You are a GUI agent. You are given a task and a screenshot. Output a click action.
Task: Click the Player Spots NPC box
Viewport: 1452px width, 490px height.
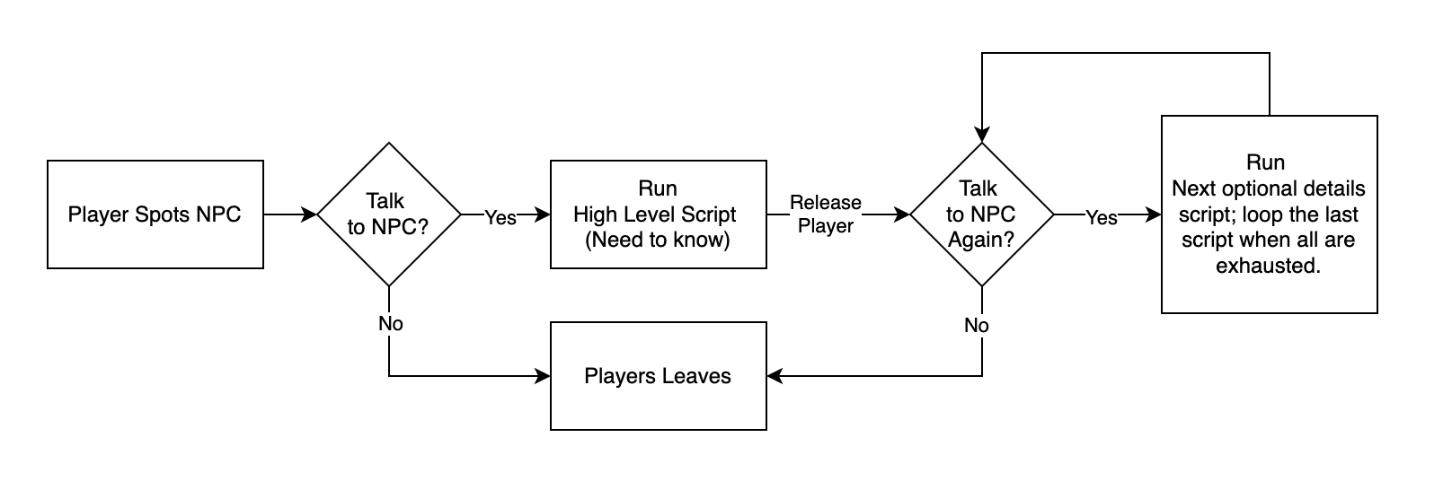pyautogui.click(x=155, y=214)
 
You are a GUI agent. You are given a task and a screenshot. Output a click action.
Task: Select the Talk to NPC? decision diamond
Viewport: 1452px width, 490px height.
pyautogui.click(x=388, y=214)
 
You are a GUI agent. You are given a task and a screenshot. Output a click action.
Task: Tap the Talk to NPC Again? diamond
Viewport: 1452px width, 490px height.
pyautogui.click(x=981, y=214)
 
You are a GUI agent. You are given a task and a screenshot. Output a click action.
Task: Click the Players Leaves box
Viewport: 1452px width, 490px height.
pyautogui.click(x=658, y=376)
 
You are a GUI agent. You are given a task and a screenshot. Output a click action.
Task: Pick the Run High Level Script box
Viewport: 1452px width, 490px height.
pyautogui.click(x=658, y=214)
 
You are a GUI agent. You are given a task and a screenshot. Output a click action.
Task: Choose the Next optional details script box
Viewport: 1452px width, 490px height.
pyautogui.click(x=1269, y=214)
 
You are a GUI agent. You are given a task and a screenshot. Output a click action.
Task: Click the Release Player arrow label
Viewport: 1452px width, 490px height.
pyautogui.click(x=825, y=214)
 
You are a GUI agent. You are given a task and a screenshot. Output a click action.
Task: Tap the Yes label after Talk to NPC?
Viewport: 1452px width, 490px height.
pyautogui.click(x=500, y=217)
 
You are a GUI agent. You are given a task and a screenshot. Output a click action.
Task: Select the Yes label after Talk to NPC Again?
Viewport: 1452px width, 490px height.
pyautogui.click(x=1101, y=217)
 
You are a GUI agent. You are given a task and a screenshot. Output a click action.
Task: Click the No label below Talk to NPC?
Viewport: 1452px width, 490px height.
pyautogui.click(x=390, y=323)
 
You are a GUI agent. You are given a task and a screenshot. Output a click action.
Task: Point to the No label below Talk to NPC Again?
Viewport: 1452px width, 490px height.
pyautogui.click(x=976, y=325)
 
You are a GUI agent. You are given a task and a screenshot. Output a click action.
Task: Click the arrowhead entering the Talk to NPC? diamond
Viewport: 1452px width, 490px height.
pyautogui.click(x=311, y=214)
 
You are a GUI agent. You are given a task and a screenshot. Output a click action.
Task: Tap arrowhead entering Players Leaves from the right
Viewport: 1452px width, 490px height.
pyautogui.click(x=774, y=376)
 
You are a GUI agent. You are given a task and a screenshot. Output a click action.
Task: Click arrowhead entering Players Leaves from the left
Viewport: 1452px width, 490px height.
pyautogui.click(x=544, y=376)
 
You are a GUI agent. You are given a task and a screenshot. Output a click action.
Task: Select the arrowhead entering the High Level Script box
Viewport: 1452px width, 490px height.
pyautogui.click(x=544, y=214)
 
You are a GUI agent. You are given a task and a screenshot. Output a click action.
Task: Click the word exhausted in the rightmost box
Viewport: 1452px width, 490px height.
pyautogui.click(x=1268, y=266)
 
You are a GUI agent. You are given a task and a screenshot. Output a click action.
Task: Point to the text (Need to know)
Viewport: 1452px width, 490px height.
pyautogui.click(x=658, y=240)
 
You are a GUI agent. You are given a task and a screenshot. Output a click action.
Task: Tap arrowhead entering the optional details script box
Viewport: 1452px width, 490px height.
pyautogui.click(x=1155, y=214)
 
